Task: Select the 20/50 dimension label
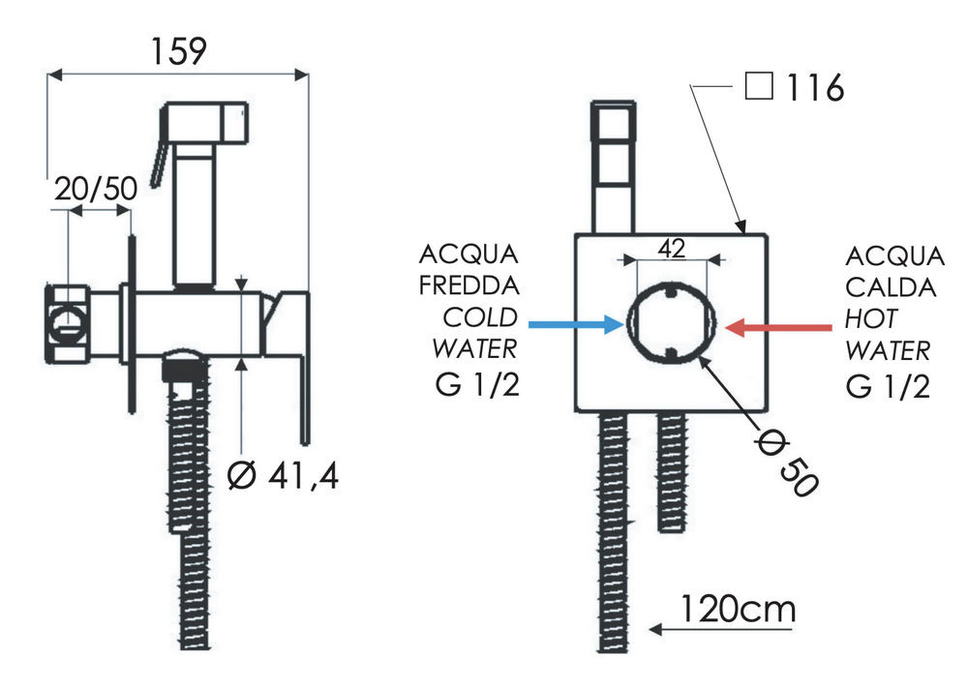(95, 189)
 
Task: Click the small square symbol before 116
(759, 88)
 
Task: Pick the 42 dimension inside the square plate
(672, 248)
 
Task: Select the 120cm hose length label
(737, 610)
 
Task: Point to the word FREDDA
(469, 287)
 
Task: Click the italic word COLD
(481, 318)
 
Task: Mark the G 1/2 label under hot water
(888, 385)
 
